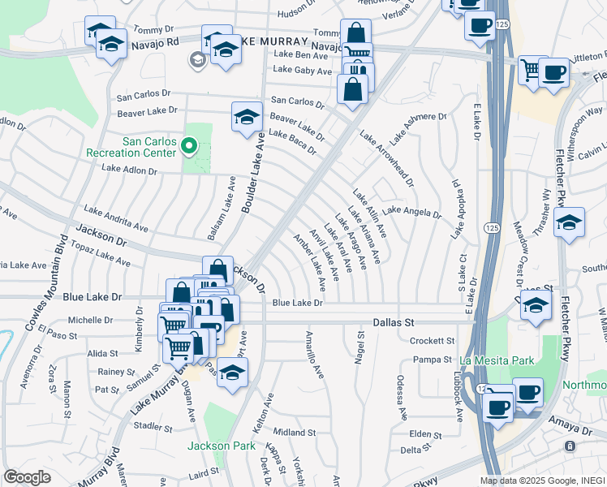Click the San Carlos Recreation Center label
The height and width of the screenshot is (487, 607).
click(x=149, y=146)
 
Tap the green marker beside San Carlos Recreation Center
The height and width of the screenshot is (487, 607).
click(x=189, y=146)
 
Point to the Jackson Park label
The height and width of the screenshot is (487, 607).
click(x=221, y=446)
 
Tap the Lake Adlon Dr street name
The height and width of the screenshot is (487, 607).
click(x=129, y=170)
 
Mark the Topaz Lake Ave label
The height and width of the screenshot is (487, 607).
click(x=101, y=253)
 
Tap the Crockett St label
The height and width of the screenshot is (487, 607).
click(x=433, y=341)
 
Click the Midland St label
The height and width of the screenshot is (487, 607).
click(x=294, y=433)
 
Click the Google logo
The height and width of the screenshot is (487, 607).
click(x=27, y=477)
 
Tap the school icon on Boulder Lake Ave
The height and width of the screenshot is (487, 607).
click(x=247, y=117)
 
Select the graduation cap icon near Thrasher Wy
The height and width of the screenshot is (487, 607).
click(x=570, y=221)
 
